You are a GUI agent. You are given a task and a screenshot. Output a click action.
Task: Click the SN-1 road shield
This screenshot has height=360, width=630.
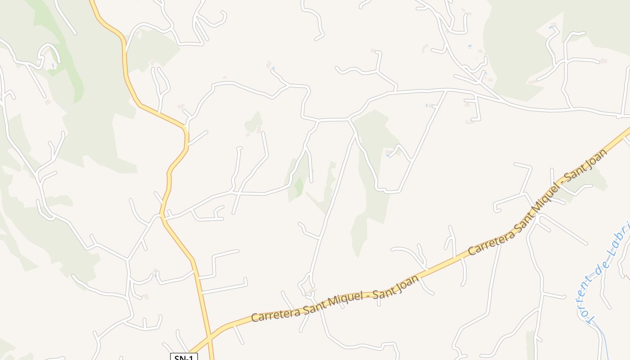point(184,357)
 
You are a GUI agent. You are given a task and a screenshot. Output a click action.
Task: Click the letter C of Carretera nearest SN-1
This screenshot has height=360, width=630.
point(255,317)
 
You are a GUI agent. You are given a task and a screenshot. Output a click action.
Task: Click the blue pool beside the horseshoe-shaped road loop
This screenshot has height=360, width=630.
point(53,66)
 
